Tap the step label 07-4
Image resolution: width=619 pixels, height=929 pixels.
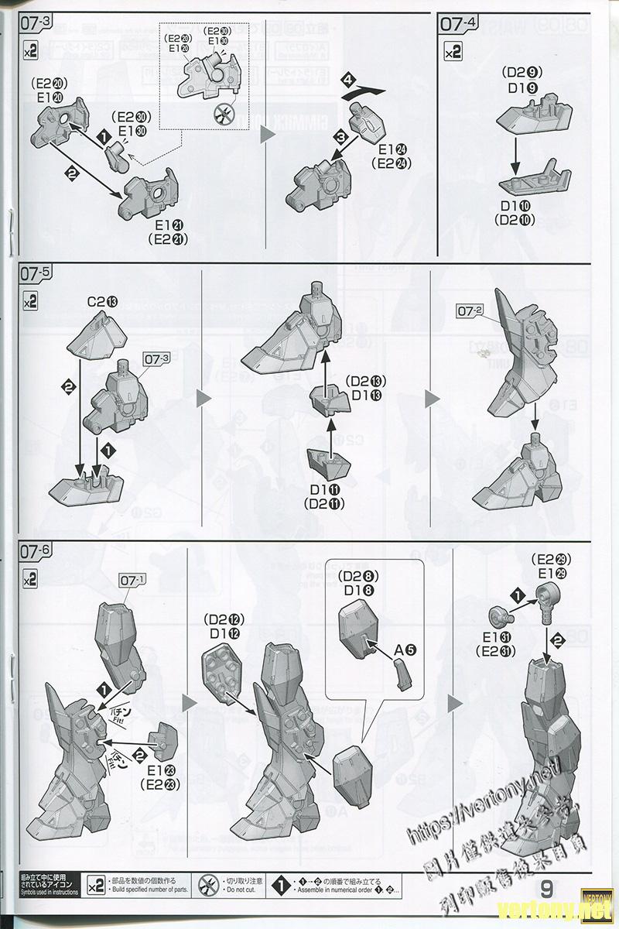click(459, 23)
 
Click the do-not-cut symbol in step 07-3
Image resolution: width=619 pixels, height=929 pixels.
click(224, 115)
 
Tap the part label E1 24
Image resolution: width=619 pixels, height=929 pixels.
click(385, 149)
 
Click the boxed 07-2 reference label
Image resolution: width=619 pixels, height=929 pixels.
click(470, 310)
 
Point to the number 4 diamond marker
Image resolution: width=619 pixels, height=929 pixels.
click(349, 80)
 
